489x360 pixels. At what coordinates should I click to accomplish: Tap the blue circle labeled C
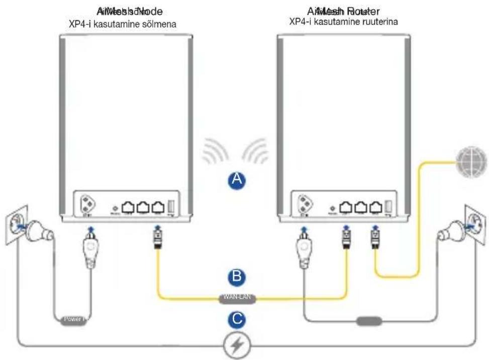tap(237, 318)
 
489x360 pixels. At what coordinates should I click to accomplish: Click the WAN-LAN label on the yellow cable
tap(237, 299)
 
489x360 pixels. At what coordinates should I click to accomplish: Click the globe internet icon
tap(471, 162)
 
